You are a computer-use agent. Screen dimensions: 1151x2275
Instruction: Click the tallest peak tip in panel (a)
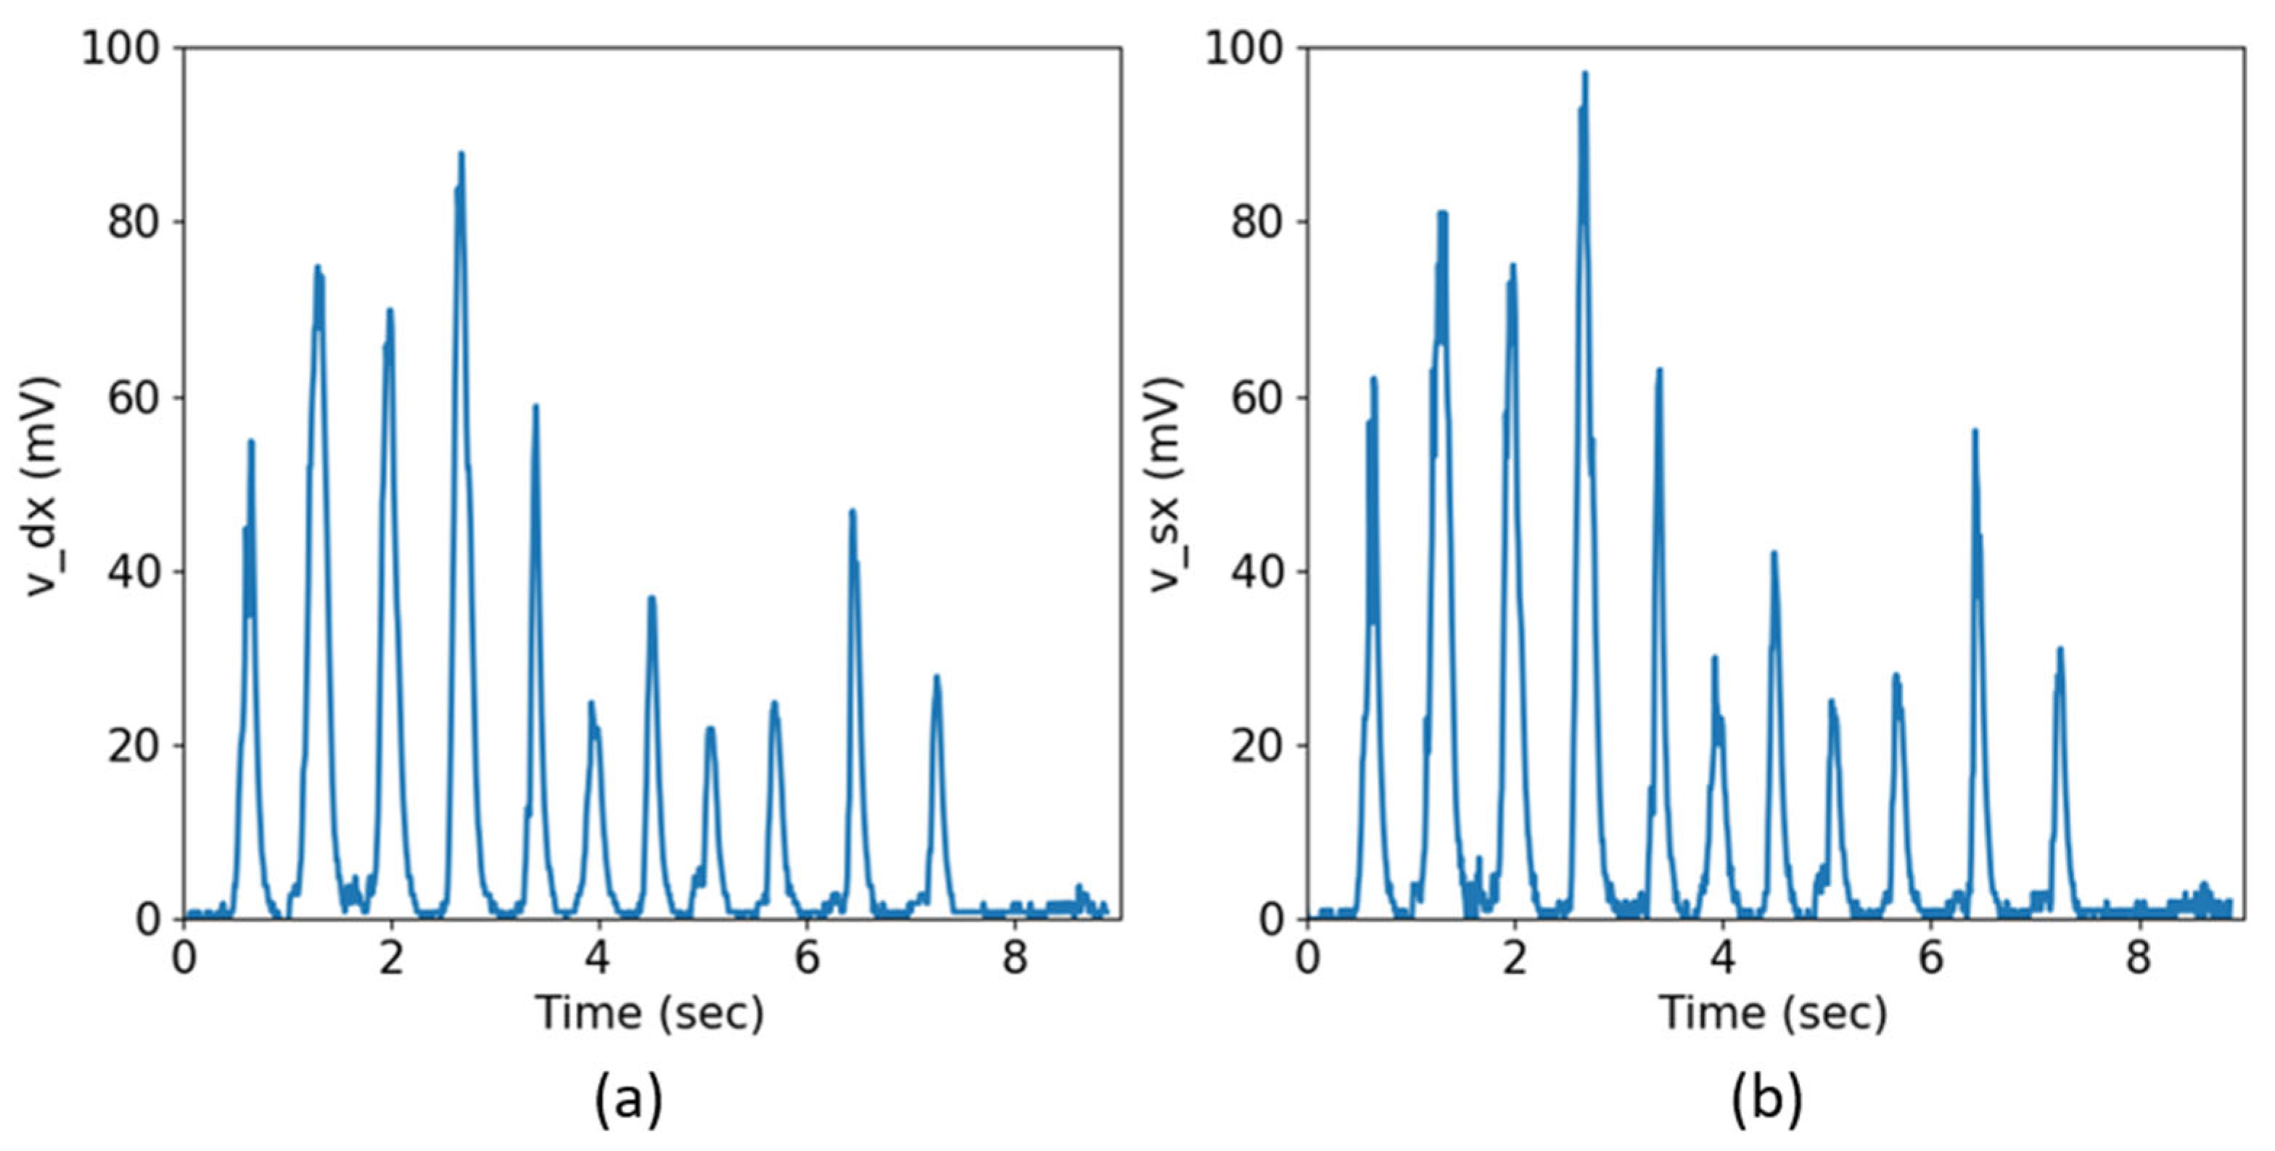(460, 154)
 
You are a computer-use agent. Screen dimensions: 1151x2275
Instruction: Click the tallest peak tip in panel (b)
(1584, 73)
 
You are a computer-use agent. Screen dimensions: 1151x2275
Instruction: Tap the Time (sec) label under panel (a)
(650, 1013)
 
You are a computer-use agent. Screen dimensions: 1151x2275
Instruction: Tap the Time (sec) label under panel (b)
(1774, 1013)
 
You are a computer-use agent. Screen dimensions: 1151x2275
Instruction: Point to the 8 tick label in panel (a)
(1016, 957)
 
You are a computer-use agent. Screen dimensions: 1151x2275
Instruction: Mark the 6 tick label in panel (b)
(1931, 957)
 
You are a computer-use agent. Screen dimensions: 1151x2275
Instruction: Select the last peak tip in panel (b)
(2060, 650)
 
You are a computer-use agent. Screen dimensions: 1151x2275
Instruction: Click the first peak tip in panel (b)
(1373, 379)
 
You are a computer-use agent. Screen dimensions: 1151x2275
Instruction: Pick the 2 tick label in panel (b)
(1515, 957)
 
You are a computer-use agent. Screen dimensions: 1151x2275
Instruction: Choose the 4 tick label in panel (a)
(598, 957)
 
